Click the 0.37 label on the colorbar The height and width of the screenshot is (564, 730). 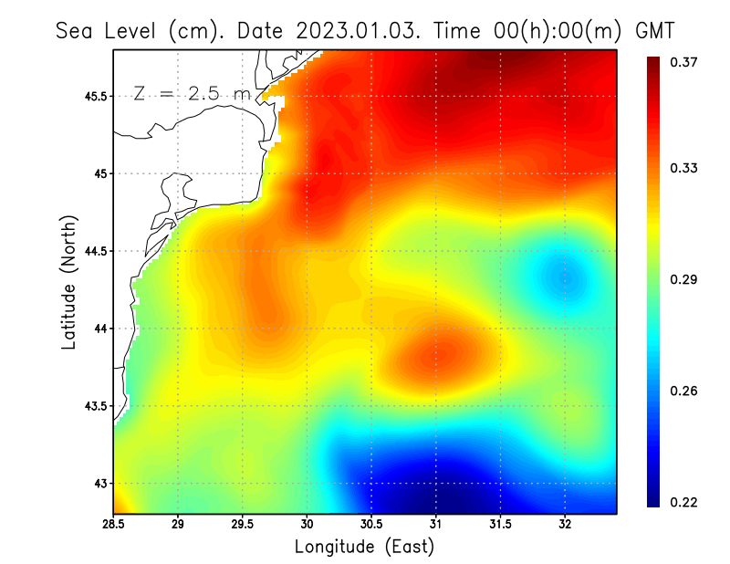(685, 62)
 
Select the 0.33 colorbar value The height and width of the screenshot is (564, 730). (685, 168)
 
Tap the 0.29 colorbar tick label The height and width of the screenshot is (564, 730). (685, 279)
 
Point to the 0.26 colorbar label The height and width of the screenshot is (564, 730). (685, 391)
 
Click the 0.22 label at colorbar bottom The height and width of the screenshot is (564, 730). (685, 502)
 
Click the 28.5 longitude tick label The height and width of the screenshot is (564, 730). (113, 524)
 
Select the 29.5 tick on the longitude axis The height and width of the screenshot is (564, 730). (243, 524)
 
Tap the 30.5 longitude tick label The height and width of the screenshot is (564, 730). (371, 524)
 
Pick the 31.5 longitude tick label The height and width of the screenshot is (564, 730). (500, 524)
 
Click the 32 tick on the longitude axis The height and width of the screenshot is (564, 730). (565, 524)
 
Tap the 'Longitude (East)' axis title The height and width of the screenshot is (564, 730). (364, 547)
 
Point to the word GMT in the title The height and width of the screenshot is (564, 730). (654, 30)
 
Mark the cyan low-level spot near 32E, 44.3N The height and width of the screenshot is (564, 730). (564, 276)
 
